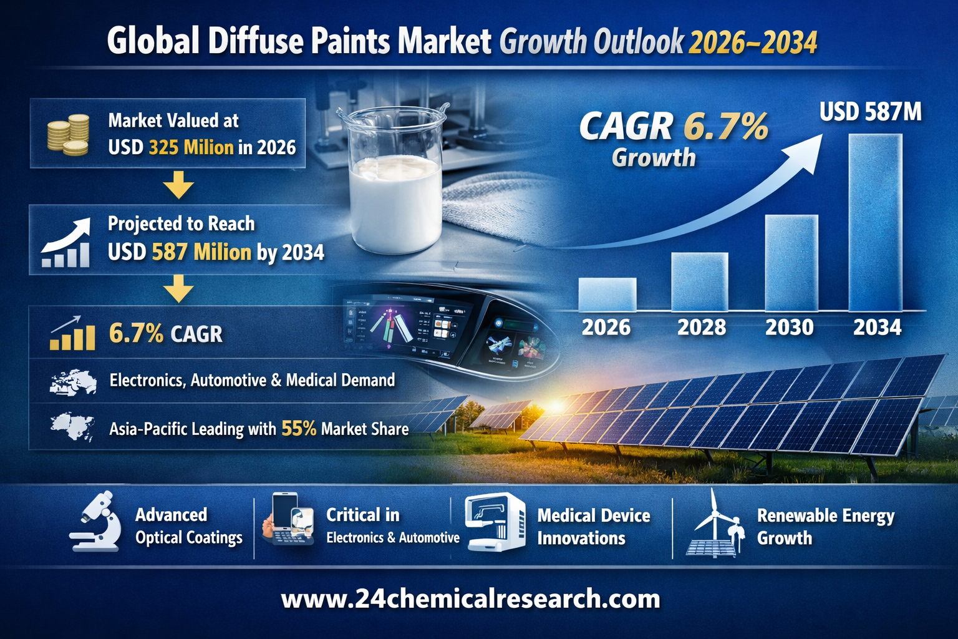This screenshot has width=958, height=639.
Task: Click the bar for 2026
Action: pyautogui.click(x=607, y=295)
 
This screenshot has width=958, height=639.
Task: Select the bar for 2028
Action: pyautogui.click(x=699, y=281)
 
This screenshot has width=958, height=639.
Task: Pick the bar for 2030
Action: pyautogui.click(x=791, y=263)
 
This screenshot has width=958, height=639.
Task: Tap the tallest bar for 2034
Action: pyautogui.click(x=875, y=222)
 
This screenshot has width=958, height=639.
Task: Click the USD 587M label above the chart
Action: pyautogui.click(x=870, y=112)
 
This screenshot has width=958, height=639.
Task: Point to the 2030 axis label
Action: pyautogui.click(x=790, y=327)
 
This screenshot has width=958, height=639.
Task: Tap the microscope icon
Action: pyautogui.click(x=97, y=522)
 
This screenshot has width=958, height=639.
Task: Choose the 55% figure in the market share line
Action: pyautogui.click(x=299, y=428)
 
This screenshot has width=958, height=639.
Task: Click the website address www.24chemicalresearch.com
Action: pyautogui.click(x=470, y=598)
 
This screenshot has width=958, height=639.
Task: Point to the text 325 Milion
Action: pyautogui.click(x=191, y=147)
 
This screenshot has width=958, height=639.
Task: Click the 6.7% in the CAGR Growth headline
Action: pyautogui.click(x=725, y=126)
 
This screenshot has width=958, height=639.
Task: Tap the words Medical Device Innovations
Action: pyautogui.click(x=593, y=527)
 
